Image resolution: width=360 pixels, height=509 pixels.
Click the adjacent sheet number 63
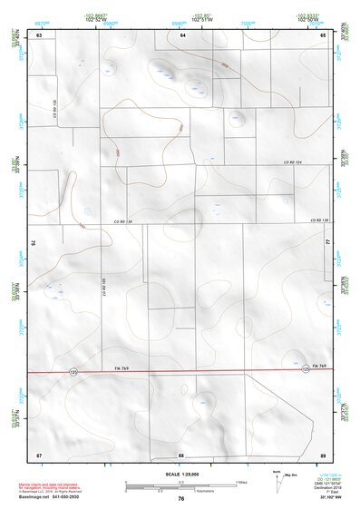(x=39, y=34)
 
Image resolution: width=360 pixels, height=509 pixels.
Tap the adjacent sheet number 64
(x=182, y=34)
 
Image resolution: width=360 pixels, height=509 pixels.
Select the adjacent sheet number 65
(x=323, y=34)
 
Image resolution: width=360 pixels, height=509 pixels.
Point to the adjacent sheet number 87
(x=39, y=453)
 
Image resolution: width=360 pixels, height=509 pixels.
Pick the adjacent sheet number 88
(x=181, y=453)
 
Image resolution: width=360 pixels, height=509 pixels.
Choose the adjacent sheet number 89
(x=323, y=453)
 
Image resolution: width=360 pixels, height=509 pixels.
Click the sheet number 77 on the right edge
(x=326, y=242)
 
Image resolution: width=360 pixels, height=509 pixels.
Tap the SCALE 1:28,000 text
(x=180, y=473)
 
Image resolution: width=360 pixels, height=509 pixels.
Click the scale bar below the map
(x=180, y=484)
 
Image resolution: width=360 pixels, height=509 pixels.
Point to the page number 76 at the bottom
(x=181, y=498)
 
